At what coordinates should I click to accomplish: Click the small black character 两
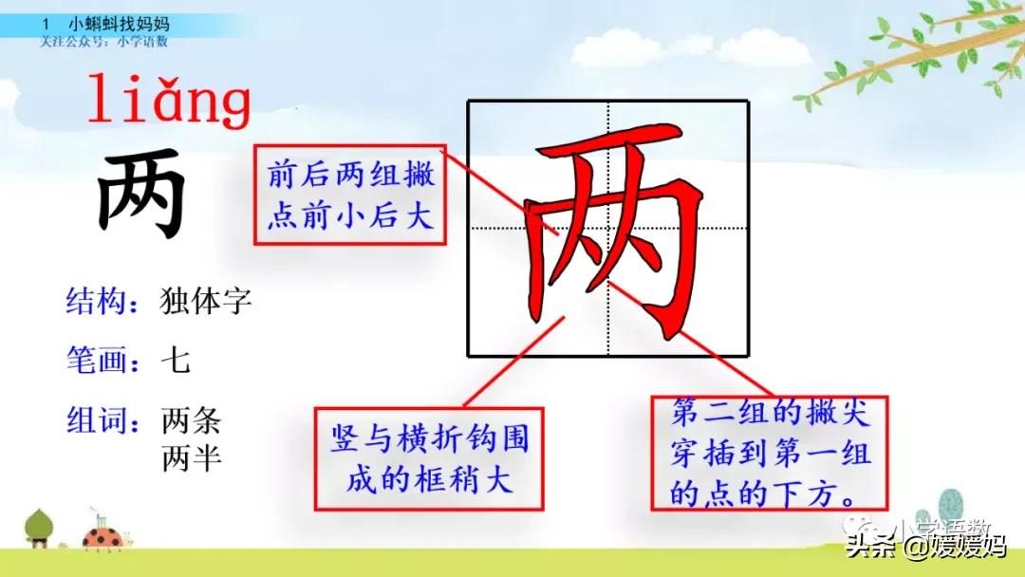pyautogui.click(x=141, y=195)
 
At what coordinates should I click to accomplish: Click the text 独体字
pyautogui.click(x=205, y=303)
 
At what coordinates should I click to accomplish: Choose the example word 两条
pyautogui.click(x=191, y=419)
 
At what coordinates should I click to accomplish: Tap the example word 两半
pyautogui.click(x=191, y=459)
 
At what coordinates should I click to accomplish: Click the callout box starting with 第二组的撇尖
pyautogui.click(x=769, y=453)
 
